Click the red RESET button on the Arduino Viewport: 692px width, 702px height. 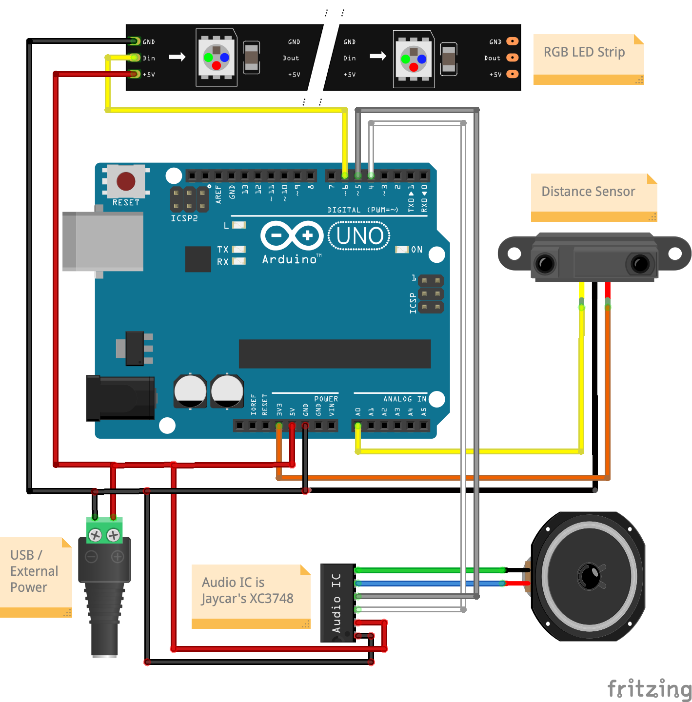click(126, 181)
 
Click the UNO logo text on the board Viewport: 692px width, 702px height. click(360, 236)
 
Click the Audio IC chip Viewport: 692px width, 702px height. click(337, 603)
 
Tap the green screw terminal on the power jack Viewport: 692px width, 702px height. click(104, 531)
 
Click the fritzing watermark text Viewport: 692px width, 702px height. click(650, 688)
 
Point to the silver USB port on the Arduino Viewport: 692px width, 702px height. click(103, 242)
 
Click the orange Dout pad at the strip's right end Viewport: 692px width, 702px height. click(513, 58)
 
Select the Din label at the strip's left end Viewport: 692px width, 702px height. click(149, 58)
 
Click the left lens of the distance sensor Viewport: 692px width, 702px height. click(545, 263)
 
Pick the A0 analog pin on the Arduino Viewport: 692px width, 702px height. click(358, 426)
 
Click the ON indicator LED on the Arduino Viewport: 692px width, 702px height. click(401, 250)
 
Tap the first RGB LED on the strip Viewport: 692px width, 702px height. click(217, 57)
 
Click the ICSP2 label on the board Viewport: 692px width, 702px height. click(184, 218)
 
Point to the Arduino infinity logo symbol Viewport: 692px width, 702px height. click(292, 236)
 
